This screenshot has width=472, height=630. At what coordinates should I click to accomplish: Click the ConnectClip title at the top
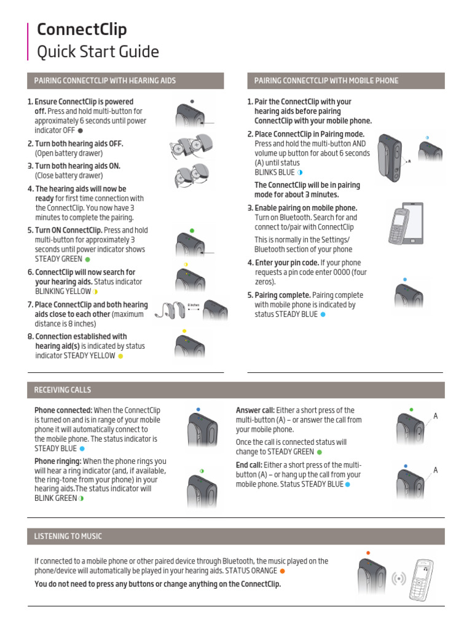[82, 30]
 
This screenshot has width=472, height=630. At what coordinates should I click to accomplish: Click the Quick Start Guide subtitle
[98, 52]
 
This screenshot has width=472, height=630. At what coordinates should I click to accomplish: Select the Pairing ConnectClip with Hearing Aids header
[104, 81]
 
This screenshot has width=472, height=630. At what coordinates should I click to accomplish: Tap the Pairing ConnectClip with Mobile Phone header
[326, 81]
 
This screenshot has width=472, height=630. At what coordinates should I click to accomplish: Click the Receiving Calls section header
[62, 389]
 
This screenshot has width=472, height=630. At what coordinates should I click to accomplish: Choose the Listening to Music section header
[68, 536]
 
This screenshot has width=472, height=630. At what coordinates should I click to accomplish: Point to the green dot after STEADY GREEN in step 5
[87, 259]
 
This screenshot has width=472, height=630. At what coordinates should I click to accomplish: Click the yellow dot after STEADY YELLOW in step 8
[120, 356]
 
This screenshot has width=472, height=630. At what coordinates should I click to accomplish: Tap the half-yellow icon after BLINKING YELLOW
[96, 291]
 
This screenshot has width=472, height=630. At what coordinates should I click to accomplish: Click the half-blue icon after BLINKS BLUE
[301, 172]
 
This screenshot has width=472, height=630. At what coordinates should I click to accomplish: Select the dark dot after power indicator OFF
[81, 130]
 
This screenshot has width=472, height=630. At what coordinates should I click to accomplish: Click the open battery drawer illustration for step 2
[189, 148]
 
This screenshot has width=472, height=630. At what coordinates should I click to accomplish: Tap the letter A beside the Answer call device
[435, 417]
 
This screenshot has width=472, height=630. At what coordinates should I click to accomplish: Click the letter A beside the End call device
[435, 470]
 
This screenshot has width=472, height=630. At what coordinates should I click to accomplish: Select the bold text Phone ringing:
[57, 461]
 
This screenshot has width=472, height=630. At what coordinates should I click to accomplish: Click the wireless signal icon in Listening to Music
[399, 579]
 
